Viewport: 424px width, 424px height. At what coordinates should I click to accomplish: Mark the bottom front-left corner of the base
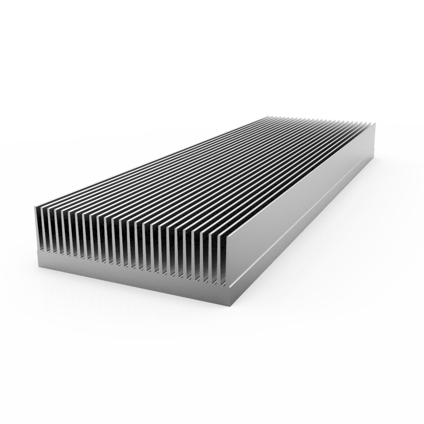[x=39, y=265]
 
